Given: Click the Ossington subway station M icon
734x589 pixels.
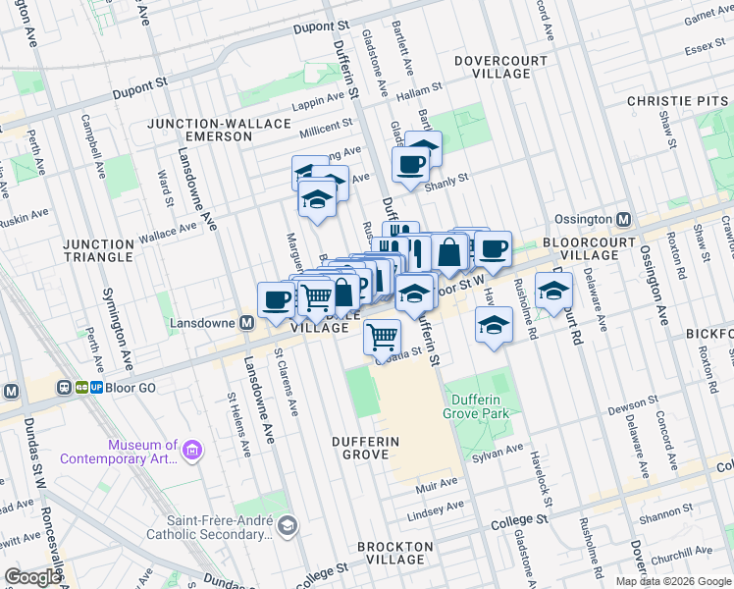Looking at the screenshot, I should [623, 219].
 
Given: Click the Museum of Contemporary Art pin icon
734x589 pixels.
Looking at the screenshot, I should [192, 451].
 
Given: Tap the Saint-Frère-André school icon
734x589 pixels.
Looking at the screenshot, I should [286, 526].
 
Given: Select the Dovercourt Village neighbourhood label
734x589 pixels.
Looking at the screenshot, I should [500, 67].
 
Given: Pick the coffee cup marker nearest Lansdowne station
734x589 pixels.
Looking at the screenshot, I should [276, 298].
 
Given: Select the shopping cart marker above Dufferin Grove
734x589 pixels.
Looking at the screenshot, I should [382, 337].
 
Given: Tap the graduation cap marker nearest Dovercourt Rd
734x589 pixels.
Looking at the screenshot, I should [554, 290].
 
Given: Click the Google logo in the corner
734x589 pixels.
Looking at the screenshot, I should [32, 577].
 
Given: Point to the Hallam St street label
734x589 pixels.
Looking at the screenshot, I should [419, 96].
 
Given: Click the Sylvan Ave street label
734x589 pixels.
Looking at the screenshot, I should [500, 450].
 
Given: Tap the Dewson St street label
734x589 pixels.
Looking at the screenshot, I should [633, 403].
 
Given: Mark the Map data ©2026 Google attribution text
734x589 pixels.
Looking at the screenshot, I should [672, 581].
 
